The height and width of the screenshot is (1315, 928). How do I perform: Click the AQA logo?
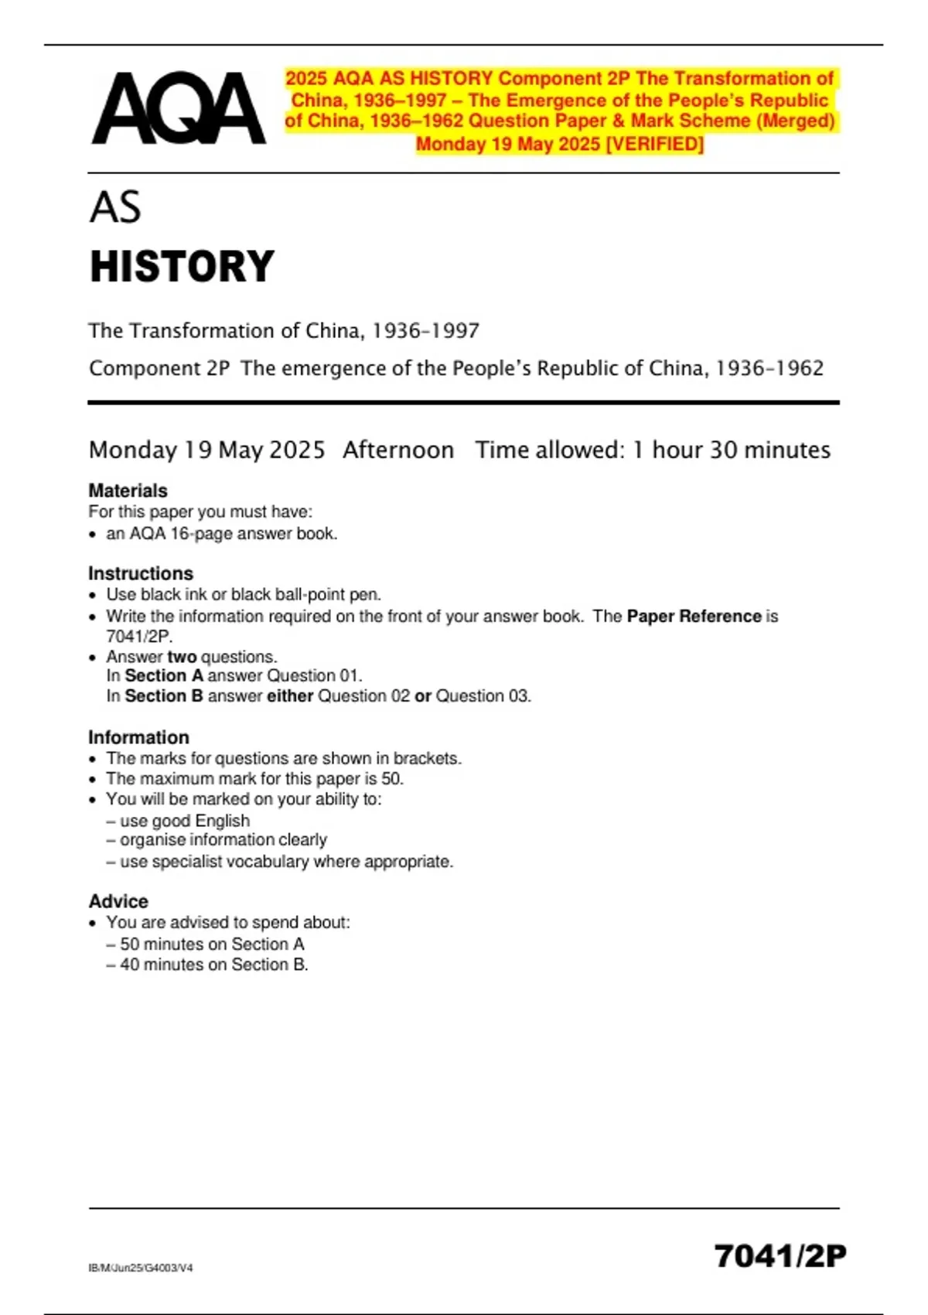tap(179, 108)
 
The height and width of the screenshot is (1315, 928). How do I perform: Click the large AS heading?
tap(115, 207)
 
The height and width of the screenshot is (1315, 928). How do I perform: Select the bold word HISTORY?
tap(182, 267)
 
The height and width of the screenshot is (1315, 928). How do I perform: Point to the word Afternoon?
tap(398, 449)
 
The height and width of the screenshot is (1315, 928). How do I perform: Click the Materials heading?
tap(128, 490)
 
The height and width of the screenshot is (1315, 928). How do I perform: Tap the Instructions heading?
tap(141, 573)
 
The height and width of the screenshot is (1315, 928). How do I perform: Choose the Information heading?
tap(138, 737)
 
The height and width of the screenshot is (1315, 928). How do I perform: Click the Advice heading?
tap(118, 901)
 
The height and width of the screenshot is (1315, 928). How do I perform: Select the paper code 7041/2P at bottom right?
tap(780, 1255)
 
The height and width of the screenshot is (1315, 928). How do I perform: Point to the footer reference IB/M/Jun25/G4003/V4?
tap(141, 1268)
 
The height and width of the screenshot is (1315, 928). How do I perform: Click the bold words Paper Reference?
tap(694, 617)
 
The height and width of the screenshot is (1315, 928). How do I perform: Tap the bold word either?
tap(290, 696)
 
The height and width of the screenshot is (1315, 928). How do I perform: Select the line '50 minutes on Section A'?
tap(212, 944)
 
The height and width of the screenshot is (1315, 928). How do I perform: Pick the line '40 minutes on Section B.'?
tap(214, 965)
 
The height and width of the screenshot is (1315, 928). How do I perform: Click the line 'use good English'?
tap(185, 821)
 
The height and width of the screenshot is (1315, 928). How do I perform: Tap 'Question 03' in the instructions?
tap(483, 696)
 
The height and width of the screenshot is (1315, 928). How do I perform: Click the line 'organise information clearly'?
tap(223, 840)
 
